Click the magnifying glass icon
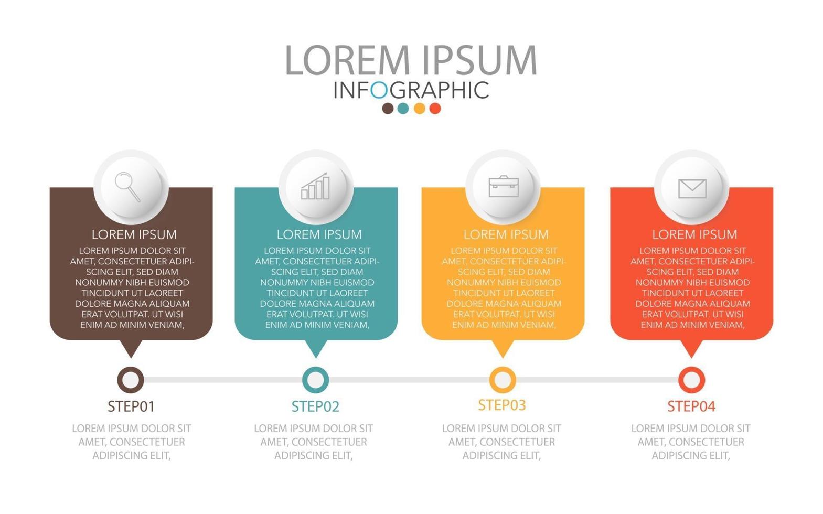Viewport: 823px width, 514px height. point(127,186)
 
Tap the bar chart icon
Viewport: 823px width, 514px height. point(315,187)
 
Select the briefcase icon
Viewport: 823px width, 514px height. point(504,186)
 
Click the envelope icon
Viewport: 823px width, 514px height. point(692,188)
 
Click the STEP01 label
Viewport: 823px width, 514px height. point(131,406)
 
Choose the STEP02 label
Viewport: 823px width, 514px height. point(315,406)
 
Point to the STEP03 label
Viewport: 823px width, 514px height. point(502,405)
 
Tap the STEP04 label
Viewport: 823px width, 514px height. point(691,406)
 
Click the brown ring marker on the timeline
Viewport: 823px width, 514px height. point(130,380)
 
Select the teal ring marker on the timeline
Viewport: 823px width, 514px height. point(316,380)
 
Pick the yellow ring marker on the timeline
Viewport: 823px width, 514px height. point(503,380)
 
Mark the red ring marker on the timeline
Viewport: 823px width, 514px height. point(691,380)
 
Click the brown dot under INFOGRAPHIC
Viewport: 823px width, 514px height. point(388,109)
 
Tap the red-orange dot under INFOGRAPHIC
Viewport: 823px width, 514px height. point(435,109)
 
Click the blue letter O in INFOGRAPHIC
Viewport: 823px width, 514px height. point(379,90)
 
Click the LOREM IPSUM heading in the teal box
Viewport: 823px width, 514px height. point(319,234)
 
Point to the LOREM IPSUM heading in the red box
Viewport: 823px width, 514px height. point(694,234)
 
